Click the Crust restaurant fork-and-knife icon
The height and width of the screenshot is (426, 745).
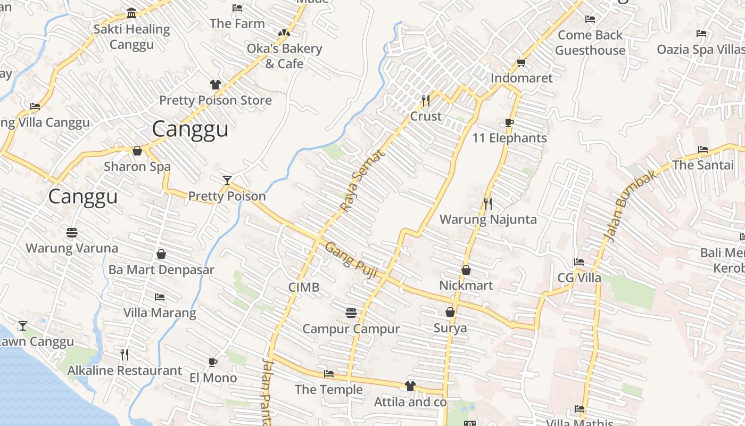(x=426, y=100)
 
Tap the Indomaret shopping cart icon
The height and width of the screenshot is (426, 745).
(x=521, y=63)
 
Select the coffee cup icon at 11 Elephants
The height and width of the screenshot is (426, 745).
(x=509, y=123)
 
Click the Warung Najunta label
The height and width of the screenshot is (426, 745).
(x=488, y=219)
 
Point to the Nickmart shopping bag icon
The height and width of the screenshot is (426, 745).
(x=466, y=271)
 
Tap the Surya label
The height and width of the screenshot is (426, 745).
(x=450, y=328)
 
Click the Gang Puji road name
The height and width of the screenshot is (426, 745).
(x=351, y=260)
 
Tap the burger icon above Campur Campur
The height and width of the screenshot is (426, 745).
(x=351, y=313)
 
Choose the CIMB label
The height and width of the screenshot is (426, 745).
(x=304, y=288)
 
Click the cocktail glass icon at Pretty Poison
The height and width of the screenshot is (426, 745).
(x=227, y=181)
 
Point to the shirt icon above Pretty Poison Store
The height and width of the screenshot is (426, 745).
(x=215, y=85)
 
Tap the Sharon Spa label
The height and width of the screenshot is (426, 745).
(x=137, y=167)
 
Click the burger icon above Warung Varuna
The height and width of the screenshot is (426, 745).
(x=72, y=233)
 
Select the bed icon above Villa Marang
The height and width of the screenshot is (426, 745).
(x=159, y=297)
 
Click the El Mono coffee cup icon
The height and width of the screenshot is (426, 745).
(x=213, y=363)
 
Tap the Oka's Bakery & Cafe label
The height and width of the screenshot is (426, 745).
(x=284, y=56)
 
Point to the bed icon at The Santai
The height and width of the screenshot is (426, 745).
(x=703, y=150)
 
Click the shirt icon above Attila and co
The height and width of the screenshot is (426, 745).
(x=410, y=386)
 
